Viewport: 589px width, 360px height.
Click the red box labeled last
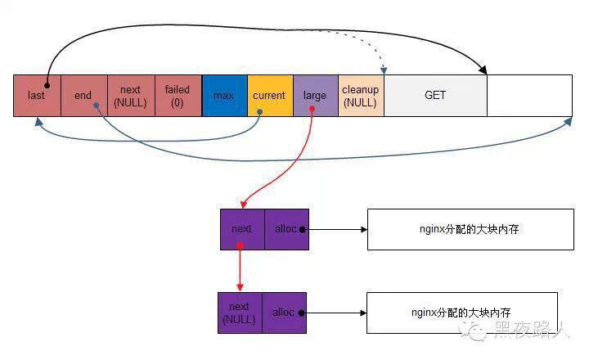coord(36,96)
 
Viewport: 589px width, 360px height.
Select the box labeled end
coord(83,96)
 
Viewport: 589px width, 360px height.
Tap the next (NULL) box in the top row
coord(131,96)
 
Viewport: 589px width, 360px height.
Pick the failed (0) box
coord(178,96)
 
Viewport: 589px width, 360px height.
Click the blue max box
coord(224,96)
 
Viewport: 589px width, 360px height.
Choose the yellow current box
coord(269,96)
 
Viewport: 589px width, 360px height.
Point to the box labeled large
coord(315,96)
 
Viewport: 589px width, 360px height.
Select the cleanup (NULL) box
coord(360,96)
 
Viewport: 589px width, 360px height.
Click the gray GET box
coord(435,96)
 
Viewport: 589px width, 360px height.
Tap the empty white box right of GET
coord(529,96)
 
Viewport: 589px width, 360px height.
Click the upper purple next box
coord(242,229)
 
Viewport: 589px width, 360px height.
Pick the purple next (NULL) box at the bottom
coord(241,313)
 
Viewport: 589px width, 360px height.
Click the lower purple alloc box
coord(284,313)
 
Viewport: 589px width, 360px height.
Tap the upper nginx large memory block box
coord(470,229)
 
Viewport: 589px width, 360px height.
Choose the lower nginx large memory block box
coord(461,313)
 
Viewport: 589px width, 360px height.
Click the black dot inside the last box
coord(47,85)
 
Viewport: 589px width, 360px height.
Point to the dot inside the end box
coord(96,106)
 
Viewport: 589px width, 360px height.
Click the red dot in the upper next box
coord(240,243)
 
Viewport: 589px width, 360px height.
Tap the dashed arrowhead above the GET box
coord(384,70)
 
